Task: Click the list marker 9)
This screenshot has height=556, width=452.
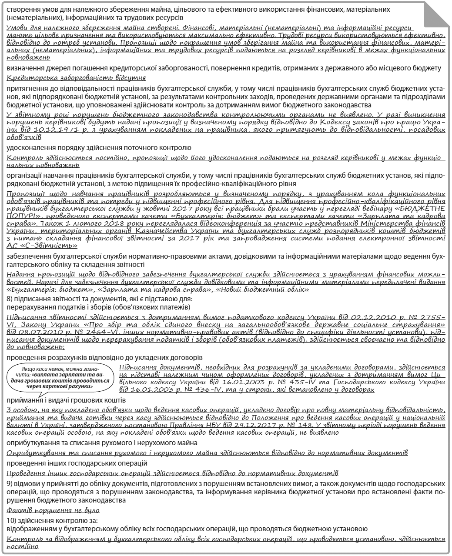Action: (x=11, y=483)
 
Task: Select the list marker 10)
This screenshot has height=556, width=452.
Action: (x=13, y=521)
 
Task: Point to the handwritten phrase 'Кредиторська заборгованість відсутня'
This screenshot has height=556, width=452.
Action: (x=76, y=78)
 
